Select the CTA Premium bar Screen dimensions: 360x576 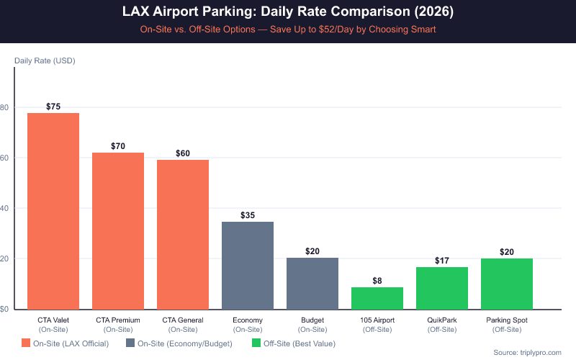tap(118, 230)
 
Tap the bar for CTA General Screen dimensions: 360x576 tap(183, 234)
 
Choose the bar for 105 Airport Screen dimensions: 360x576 tap(377, 298)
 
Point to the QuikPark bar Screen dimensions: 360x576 tap(442, 288)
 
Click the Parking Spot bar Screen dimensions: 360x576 tap(507, 284)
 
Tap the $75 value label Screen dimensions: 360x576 tap(53, 107)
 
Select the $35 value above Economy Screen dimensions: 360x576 tap(248, 215)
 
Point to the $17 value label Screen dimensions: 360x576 tap(442, 261)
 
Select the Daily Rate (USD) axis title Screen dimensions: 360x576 tap(45, 61)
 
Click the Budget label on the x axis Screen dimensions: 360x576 tap(312, 320)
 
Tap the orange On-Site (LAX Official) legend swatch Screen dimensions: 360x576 tap(27, 343)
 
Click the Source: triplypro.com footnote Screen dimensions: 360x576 tap(528, 352)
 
